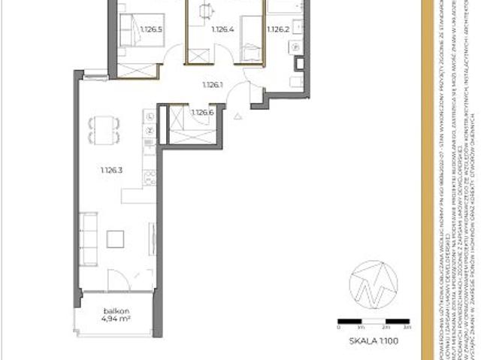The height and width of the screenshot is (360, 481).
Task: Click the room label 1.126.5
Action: pyautogui.click(x=151, y=30)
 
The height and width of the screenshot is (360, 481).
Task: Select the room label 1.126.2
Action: pyautogui.click(x=278, y=30)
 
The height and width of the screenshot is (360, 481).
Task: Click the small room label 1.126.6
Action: pyautogui.click(x=202, y=113)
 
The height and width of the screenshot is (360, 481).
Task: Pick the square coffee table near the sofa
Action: pyautogui.click(x=116, y=239)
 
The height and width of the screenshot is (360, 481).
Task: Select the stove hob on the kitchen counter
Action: pyautogui.click(x=150, y=178)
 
